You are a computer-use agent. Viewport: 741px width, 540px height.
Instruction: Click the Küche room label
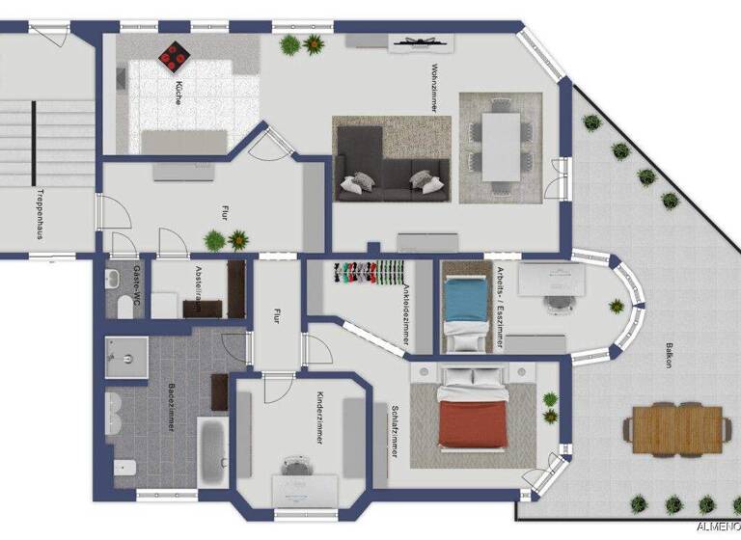point(178,93)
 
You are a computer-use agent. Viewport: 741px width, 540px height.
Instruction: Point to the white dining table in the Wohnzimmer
point(501,146)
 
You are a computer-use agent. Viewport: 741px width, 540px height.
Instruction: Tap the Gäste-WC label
point(137,280)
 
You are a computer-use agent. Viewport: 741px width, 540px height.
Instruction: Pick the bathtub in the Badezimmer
point(210,450)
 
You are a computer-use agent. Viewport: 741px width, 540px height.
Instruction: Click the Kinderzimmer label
point(317,418)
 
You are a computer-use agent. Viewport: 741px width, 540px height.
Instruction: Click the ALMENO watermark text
point(716,527)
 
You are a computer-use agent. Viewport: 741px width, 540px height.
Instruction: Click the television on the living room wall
point(421,41)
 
